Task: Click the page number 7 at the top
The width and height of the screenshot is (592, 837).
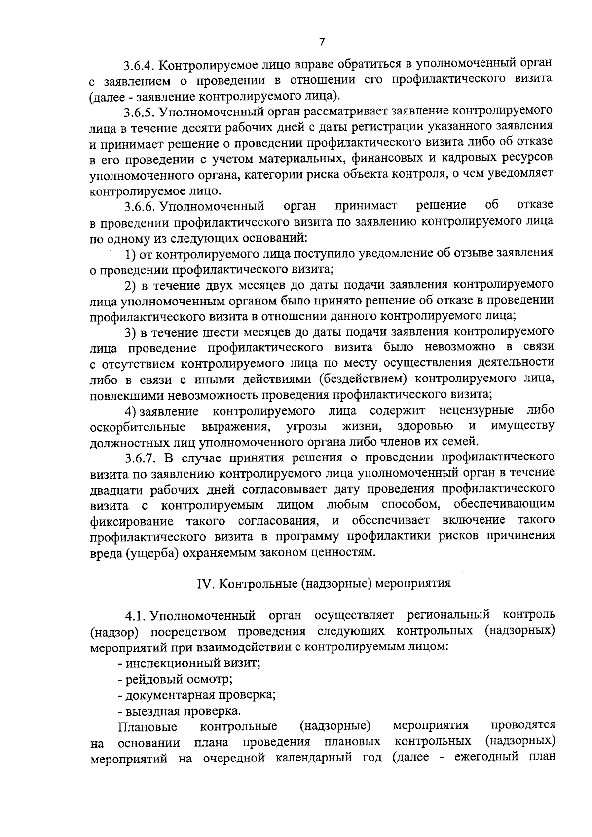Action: tap(322, 42)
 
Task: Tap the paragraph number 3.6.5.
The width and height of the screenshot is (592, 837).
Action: tap(140, 112)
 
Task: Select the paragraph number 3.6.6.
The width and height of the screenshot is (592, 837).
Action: tap(140, 206)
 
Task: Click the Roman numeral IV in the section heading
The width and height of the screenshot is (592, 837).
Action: tap(204, 583)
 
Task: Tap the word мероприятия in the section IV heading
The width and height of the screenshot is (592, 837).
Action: tap(413, 583)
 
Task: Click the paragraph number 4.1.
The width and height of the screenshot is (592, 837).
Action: tap(136, 616)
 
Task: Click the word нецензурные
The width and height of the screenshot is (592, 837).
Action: tap(476, 410)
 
